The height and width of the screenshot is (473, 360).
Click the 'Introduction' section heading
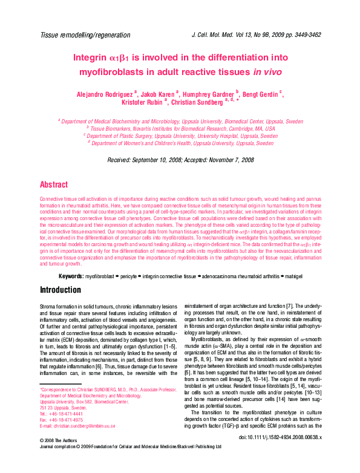[61, 290]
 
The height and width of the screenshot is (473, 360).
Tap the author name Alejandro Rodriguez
[105, 94]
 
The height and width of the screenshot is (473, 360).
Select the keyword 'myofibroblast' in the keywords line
[100, 276]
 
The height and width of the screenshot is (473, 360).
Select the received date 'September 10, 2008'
[168, 160]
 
